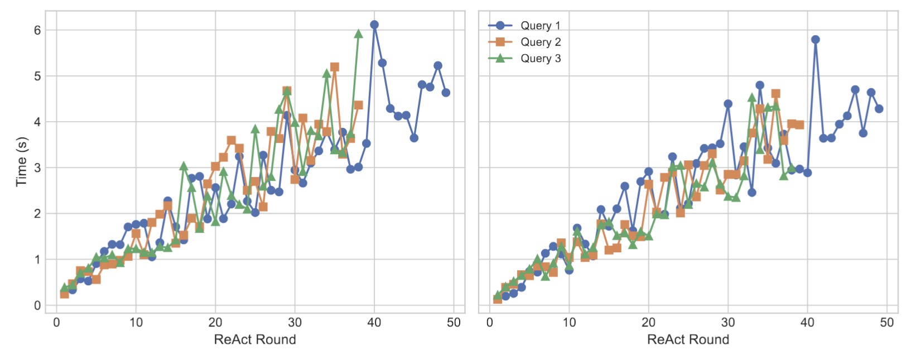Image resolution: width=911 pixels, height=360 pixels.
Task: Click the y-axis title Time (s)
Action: pos(21,161)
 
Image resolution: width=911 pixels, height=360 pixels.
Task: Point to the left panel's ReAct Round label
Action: pos(255,339)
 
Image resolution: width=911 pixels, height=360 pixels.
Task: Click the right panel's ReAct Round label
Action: pos(688,339)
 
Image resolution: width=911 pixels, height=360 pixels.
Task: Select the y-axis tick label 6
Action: pos(37,30)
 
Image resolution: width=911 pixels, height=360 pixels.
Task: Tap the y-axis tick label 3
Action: pos(37,167)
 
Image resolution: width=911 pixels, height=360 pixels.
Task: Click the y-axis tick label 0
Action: pos(37,305)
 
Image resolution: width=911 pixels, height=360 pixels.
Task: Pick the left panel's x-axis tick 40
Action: pos(374,323)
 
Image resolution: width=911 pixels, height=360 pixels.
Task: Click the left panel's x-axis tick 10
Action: pos(136,323)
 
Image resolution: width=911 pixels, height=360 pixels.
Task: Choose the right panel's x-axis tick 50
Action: pos(886,323)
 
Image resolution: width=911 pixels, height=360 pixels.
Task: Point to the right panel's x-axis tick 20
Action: pos(648,323)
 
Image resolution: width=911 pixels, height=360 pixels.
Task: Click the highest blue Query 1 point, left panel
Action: pos(374,25)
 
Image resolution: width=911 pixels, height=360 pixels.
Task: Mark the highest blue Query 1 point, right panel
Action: pos(815,40)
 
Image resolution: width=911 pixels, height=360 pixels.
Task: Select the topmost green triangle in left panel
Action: pos(359,34)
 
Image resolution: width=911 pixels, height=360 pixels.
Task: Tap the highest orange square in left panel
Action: pos(335,67)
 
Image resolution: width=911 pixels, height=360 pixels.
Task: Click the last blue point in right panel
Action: pos(879,109)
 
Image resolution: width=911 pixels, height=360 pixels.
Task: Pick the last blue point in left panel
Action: pos(446,93)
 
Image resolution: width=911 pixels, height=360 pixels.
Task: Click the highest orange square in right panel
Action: pos(775,94)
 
